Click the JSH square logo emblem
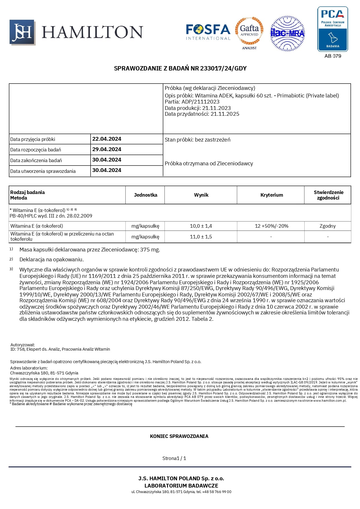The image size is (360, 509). click(22, 32)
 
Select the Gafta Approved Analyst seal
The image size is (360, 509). click(249, 33)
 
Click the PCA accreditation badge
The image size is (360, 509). click(332, 29)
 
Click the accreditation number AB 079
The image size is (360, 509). click(333, 56)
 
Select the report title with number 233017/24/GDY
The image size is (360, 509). click(180, 68)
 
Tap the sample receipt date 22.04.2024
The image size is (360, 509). click(107, 139)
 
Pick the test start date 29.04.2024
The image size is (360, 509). click(107, 149)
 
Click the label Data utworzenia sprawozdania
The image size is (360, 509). click(43, 171)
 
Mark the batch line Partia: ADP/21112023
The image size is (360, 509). click(192, 102)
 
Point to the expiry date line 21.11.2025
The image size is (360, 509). click(202, 114)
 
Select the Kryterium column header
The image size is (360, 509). click(272, 195)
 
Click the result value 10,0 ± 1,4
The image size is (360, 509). click(201, 226)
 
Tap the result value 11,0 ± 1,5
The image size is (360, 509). click(201, 237)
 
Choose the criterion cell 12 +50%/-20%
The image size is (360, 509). click(272, 226)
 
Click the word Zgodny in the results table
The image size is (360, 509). click(328, 226)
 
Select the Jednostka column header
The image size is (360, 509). click(145, 195)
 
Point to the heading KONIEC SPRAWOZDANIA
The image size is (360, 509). click(179, 436)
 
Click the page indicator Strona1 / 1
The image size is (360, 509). click(174, 458)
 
